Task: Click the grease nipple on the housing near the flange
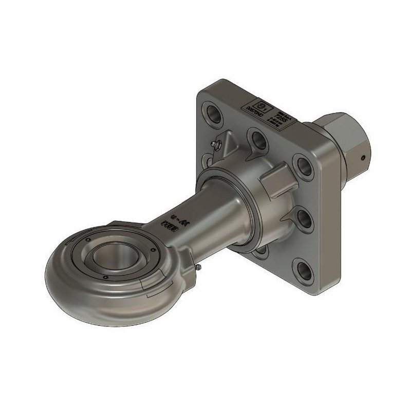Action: click(214, 145)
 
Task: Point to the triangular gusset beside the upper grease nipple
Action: click(230, 145)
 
